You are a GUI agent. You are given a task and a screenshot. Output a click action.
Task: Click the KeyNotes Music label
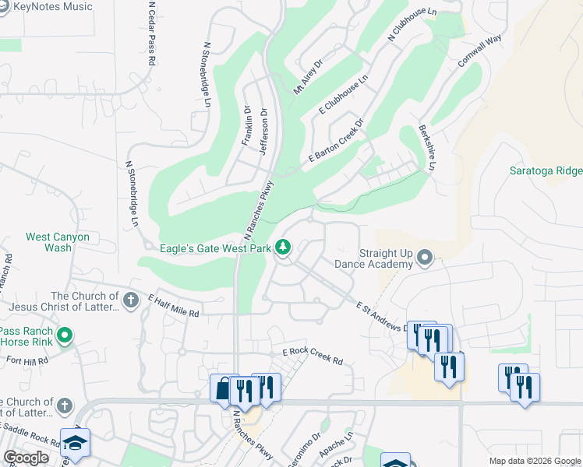click(x=52, y=7)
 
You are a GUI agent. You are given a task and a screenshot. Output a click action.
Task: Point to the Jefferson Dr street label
click(x=263, y=131)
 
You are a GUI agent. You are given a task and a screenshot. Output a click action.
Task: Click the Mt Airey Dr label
click(x=308, y=79)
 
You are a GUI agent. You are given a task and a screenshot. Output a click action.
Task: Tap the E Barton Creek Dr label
click(x=337, y=142)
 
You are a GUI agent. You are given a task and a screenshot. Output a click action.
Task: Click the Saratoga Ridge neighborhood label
click(x=546, y=170)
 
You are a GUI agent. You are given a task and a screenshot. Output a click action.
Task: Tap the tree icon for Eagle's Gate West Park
click(x=283, y=248)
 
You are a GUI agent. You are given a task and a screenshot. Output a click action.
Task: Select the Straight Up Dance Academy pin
click(x=425, y=256)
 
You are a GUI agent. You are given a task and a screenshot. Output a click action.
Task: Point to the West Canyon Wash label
click(x=58, y=242)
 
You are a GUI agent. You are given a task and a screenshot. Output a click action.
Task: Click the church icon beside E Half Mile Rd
click(x=131, y=299)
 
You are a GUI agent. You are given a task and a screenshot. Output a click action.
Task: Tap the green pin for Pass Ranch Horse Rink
click(x=65, y=336)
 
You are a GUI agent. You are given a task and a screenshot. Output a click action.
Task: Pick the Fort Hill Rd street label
click(x=27, y=361)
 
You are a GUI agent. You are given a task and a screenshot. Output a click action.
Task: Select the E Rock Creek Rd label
click(x=313, y=356)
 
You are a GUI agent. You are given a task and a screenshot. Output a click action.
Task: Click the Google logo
click(x=26, y=458)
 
